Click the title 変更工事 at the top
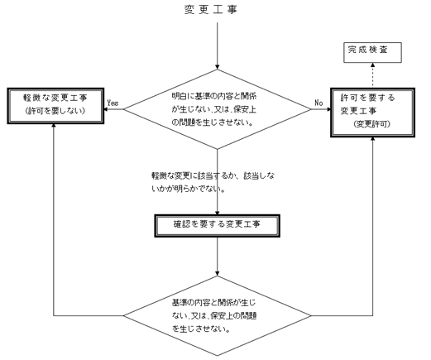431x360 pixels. point(211,10)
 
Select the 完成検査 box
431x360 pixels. point(372,52)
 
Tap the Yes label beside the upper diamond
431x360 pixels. point(113,103)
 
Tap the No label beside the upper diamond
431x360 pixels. point(318,103)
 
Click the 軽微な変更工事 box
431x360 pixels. point(55,106)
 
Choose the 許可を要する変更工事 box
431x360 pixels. point(372,113)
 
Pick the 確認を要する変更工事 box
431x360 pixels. point(218,226)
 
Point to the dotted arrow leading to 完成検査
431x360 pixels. point(372,75)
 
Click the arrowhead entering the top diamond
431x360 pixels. point(218,67)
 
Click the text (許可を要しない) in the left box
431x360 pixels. point(55,111)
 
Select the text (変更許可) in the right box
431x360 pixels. point(372,124)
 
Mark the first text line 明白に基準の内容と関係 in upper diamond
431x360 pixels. point(214,96)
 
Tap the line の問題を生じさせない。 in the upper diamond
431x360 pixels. point(213,122)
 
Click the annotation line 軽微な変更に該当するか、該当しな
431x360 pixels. point(213,175)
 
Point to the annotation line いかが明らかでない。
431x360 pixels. point(188,189)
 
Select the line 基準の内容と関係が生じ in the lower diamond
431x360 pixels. point(213,303)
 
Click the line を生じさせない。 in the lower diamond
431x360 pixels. point(201,329)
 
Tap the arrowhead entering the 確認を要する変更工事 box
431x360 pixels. point(218,213)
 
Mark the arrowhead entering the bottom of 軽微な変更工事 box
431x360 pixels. point(54,126)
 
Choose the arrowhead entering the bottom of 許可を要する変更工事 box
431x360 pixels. point(373,139)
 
